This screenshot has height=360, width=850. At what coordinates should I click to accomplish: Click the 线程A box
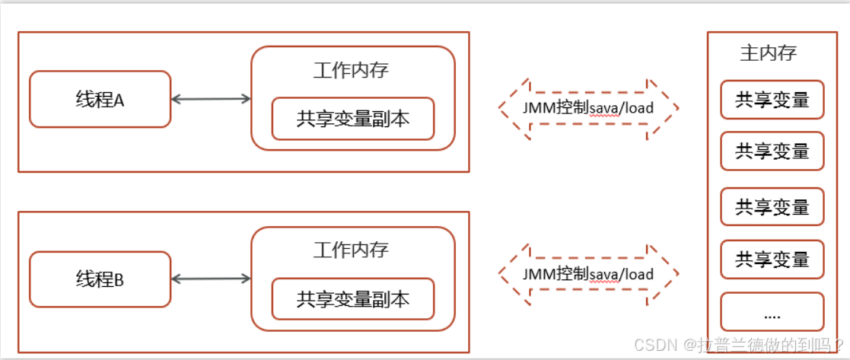tap(100, 99)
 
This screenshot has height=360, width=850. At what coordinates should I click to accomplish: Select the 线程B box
tap(100, 279)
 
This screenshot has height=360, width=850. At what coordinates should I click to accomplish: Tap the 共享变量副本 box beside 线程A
tap(353, 119)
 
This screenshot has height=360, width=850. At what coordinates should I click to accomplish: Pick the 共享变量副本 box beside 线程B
tap(353, 299)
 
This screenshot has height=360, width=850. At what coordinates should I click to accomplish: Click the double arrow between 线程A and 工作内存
tap(211, 98)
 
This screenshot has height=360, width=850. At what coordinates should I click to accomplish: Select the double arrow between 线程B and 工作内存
tap(211, 279)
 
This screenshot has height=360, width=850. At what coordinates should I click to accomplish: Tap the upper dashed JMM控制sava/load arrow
tap(587, 108)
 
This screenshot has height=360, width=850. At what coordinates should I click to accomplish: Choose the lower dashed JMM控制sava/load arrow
tap(587, 273)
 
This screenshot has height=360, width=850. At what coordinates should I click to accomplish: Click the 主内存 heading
tap(769, 53)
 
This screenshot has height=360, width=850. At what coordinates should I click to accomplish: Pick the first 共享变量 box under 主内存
tap(772, 100)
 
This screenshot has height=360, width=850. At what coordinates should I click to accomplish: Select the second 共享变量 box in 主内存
tap(772, 151)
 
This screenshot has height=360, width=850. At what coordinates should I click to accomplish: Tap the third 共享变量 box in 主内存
tap(772, 206)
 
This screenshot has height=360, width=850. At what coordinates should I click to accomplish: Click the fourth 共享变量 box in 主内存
tap(772, 260)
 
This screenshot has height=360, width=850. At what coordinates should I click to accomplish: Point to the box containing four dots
tap(772, 311)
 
